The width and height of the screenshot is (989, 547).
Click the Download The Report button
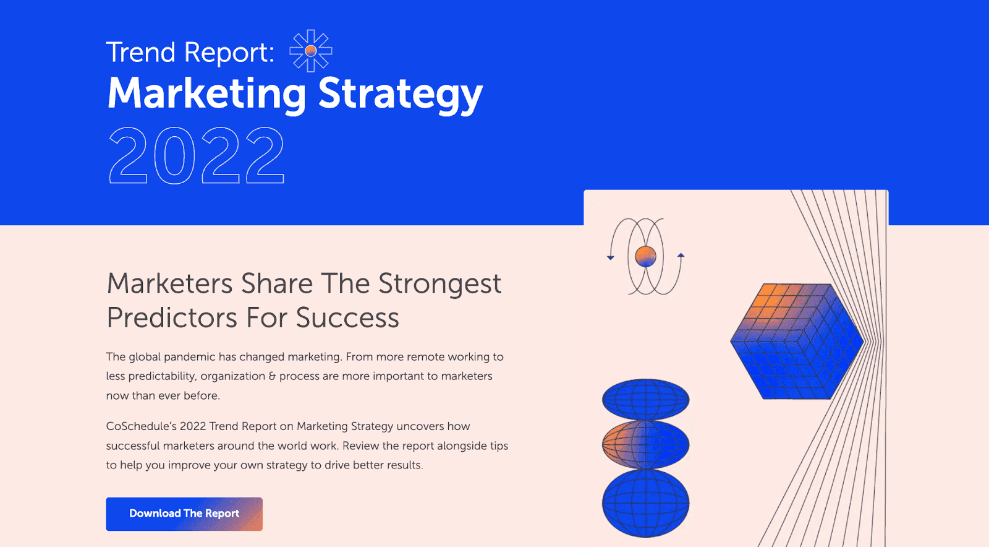pyautogui.click(x=184, y=514)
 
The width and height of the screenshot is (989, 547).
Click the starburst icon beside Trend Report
pyautogui.click(x=311, y=51)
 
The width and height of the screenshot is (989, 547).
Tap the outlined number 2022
pyautogui.click(x=197, y=156)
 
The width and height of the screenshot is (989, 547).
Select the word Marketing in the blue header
pyautogui.click(x=206, y=94)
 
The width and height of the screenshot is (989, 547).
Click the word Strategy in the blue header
pyautogui.click(x=400, y=94)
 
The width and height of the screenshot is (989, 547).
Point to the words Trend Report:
pyautogui.click(x=190, y=53)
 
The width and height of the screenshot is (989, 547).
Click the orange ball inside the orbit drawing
pyautogui.click(x=645, y=256)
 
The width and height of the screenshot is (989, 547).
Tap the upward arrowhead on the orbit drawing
pyautogui.click(x=681, y=255)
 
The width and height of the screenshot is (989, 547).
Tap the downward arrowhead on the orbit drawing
pyautogui.click(x=611, y=257)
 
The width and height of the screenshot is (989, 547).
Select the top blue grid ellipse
pyautogui.click(x=645, y=399)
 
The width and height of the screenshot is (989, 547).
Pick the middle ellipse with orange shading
pyautogui.click(x=645, y=444)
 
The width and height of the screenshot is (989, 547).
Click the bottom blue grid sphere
pyautogui.click(x=645, y=502)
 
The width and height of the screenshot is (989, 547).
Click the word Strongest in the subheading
pyautogui.click(x=439, y=285)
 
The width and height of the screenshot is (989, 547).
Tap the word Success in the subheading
pyautogui.click(x=347, y=318)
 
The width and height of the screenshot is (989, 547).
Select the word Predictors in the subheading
pyautogui.click(x=172, y=318)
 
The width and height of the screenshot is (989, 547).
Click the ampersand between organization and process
pyautogui.click(x=272, y=376)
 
